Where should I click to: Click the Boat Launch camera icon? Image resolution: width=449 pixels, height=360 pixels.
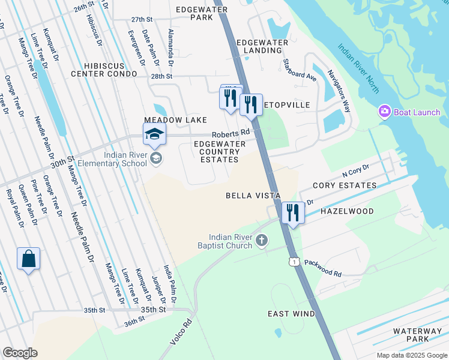tap(384, 112)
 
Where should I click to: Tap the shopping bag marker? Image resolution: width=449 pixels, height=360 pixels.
tap(28, 259)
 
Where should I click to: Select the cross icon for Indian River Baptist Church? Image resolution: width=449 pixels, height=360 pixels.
tap(261, 241)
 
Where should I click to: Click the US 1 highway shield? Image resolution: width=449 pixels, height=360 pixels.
tap(293, 261)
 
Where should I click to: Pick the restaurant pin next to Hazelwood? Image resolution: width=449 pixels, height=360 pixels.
tap(293, 213)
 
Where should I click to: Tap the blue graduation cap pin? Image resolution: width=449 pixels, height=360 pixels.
tap(154, 134)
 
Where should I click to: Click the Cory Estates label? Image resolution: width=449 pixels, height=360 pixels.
tap(345, 186)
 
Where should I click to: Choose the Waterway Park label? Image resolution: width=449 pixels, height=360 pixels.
tap(418, 335)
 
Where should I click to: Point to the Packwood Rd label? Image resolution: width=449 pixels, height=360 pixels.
tap(322, 268)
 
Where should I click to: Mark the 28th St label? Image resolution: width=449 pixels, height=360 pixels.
tap(161, 77)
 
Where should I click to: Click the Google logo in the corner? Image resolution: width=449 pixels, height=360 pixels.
tap(20, 353)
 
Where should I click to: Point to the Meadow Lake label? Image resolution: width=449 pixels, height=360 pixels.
tap(175, 121)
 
